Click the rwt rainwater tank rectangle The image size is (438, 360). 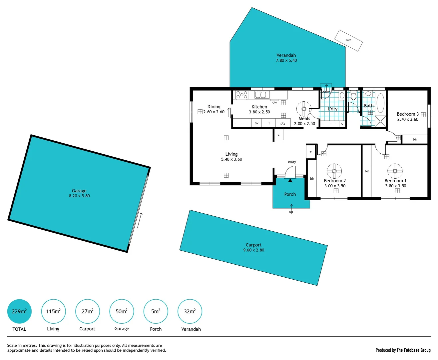click(348, 40)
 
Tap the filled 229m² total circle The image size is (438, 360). click(19, 311)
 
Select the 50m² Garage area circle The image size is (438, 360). click(122, 311)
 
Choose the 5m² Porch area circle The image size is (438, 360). click(156, 311)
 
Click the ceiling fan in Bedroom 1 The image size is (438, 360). click(395, 171)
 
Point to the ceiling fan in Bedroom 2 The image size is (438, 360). click(334, 171)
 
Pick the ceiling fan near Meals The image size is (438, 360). click(304, 109)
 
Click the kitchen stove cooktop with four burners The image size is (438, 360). click(242, 95)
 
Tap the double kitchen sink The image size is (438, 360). click(262, 95)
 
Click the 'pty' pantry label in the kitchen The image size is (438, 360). click(283, 123)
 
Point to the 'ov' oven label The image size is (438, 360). click(256, 123)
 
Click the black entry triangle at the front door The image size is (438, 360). click(290, 180)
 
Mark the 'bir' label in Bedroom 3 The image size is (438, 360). click(415, 139)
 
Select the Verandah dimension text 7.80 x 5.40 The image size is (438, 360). click(286, 61)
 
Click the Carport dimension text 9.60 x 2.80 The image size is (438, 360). click(253, 250)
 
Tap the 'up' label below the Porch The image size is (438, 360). click(291, 212)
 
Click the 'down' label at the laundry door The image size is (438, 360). click(326, 92)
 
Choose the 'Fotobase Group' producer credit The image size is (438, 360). click(413, 350)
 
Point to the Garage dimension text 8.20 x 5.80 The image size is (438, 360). click(79, 196)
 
